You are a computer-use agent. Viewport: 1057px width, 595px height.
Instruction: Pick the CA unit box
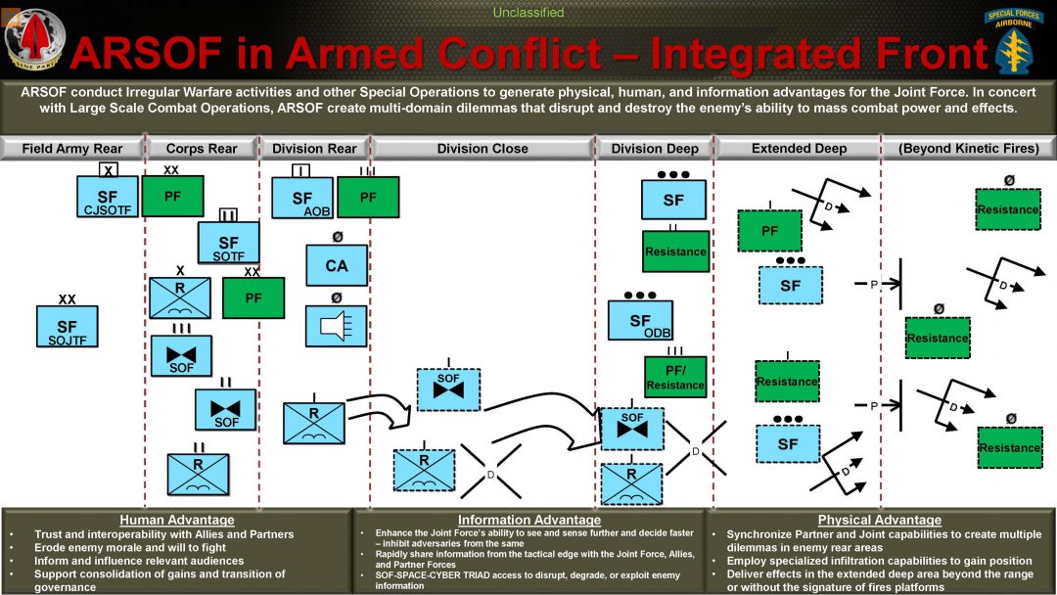(336, 265)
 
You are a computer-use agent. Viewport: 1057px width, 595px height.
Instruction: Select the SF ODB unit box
(640, 320)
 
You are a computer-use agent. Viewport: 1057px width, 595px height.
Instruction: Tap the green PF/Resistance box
(675, 378)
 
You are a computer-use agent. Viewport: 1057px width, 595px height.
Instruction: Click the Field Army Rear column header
(72, 149)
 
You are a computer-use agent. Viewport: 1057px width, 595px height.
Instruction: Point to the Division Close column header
(483, 149)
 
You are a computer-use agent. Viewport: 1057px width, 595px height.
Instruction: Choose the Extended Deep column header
(800, 149)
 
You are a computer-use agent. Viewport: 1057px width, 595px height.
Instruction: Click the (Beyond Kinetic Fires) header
(968, 149)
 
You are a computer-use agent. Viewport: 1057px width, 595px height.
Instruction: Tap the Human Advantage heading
(176, 520)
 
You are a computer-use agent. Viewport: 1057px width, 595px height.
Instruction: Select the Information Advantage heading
(528, 520)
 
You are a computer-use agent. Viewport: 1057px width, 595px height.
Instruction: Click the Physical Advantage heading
(879, 520)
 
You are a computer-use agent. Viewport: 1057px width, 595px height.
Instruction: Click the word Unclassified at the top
(528, 13)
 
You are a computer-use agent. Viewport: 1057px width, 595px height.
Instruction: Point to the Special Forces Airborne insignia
(1019, 41)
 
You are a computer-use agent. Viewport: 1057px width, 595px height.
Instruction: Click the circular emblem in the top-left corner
(34, 40)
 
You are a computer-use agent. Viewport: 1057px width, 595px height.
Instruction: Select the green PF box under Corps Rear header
(173, 197)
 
